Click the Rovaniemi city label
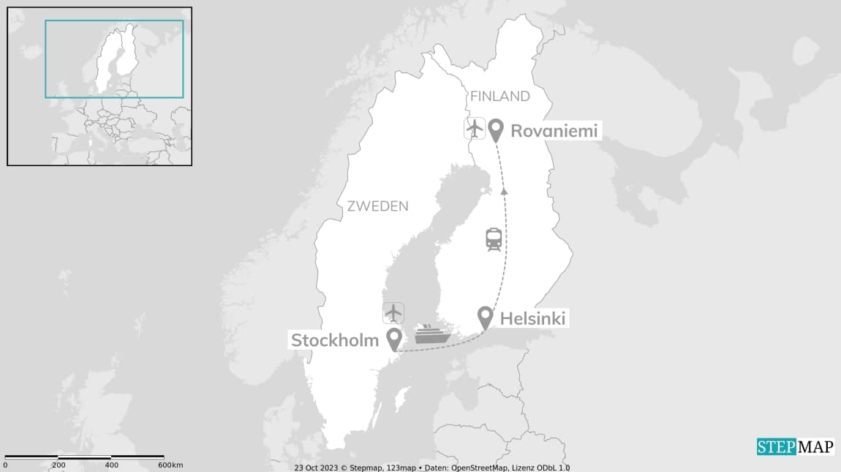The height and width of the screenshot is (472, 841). coord(554,131)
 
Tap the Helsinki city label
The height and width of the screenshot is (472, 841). coord(533,318)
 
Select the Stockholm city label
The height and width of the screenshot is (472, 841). coord(335,340)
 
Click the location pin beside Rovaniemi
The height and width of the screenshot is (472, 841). coord(497,130)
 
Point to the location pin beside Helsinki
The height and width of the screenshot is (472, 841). coord(485,318)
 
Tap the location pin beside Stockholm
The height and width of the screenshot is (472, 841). coord(395,339)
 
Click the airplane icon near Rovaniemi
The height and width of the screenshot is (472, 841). coord(475,129)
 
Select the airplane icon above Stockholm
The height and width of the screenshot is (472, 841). coord(393,312)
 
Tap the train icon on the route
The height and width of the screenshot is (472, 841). coord(494,239)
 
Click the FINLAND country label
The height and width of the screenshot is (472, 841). coord(500,97)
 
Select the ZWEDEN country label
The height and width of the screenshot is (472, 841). coord(377,206)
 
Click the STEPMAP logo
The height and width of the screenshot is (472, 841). coord(795,446)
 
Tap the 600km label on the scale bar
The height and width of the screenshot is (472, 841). coord(171,465)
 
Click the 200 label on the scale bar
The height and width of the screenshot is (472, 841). coord(59,465)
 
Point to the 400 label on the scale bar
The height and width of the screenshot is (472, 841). coord(112,465)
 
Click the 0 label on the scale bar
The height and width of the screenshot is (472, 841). coord(5,465)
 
